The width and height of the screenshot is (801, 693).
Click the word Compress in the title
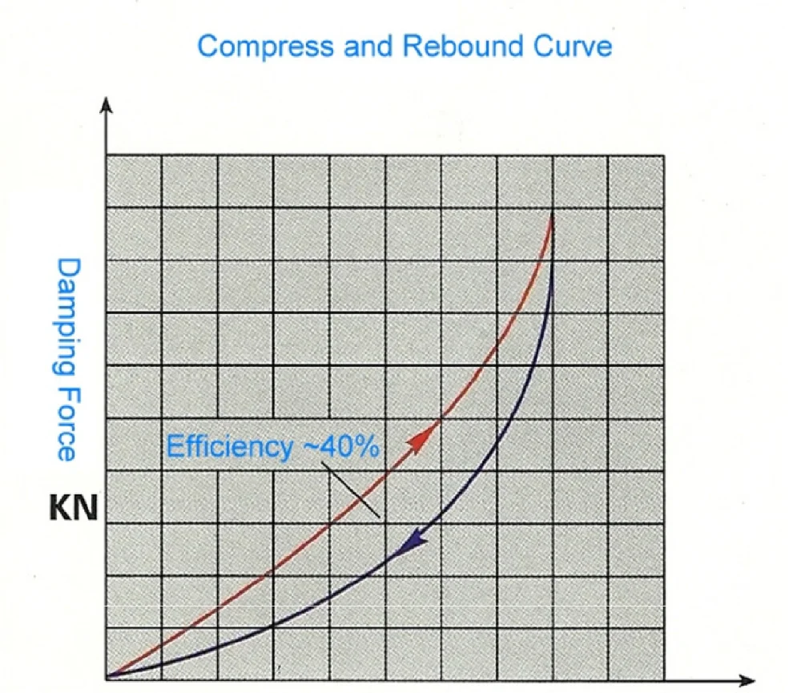[264, 46]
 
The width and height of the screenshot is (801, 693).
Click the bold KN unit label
[71, 510]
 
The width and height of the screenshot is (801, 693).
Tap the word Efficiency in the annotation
[229, 447]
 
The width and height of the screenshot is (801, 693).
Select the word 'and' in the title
[368, 46]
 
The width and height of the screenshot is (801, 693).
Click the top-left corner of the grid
[107, 155]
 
